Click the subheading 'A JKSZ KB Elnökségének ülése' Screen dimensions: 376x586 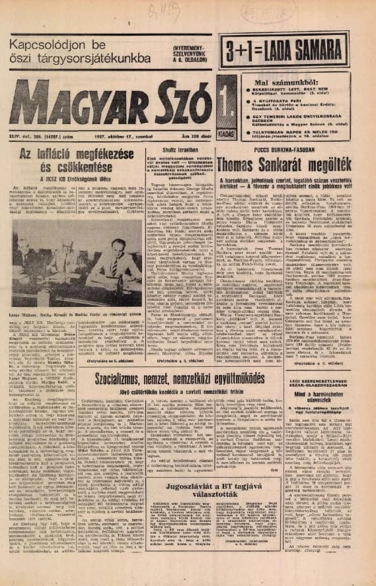[x=73, y=179]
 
